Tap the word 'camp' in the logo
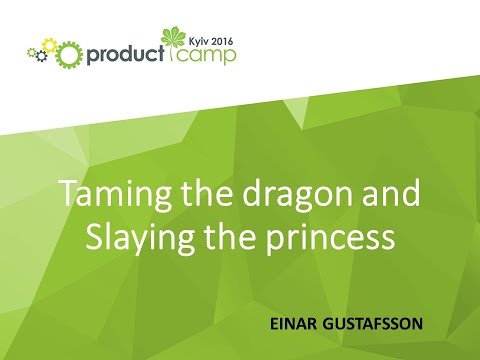pos(208,54)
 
